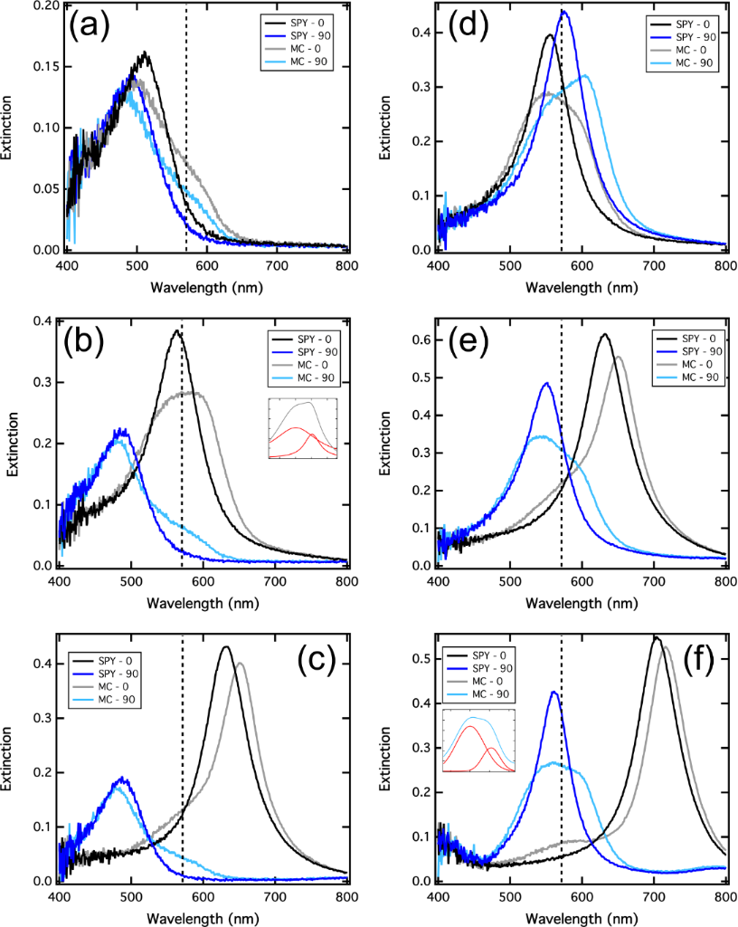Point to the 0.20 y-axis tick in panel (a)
pyautogui.click(x=43, y=5)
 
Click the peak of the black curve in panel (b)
pyautogui.click(x=176, y=331)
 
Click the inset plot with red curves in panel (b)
pyautogui.click(x=302, y=428)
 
